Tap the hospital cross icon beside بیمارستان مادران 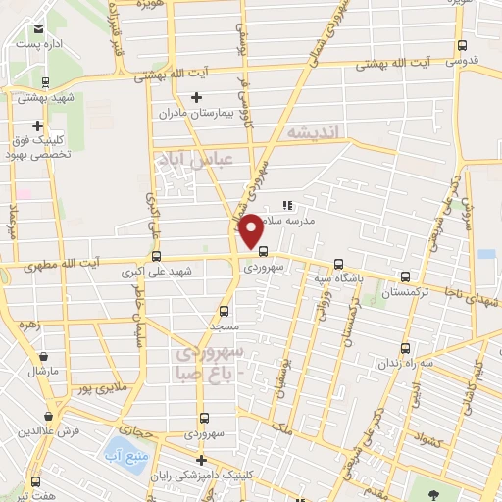click(x=196, y=97)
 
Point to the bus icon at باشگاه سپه click(x=338, y=264)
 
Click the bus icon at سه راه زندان click(x=406, y=348)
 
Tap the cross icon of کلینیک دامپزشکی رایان click(x=201, y=460)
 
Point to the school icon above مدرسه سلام click(x=287, y=206)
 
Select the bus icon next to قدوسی click(x=464, y=45)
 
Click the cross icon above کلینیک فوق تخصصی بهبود click(x=37, y=125)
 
